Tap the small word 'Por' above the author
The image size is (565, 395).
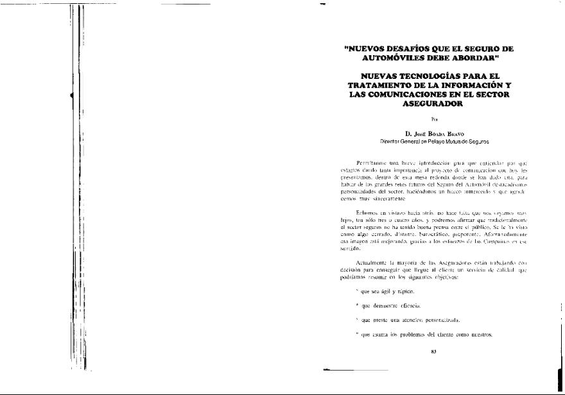click(430, 119)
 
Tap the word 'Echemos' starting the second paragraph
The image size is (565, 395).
click(367, 212)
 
